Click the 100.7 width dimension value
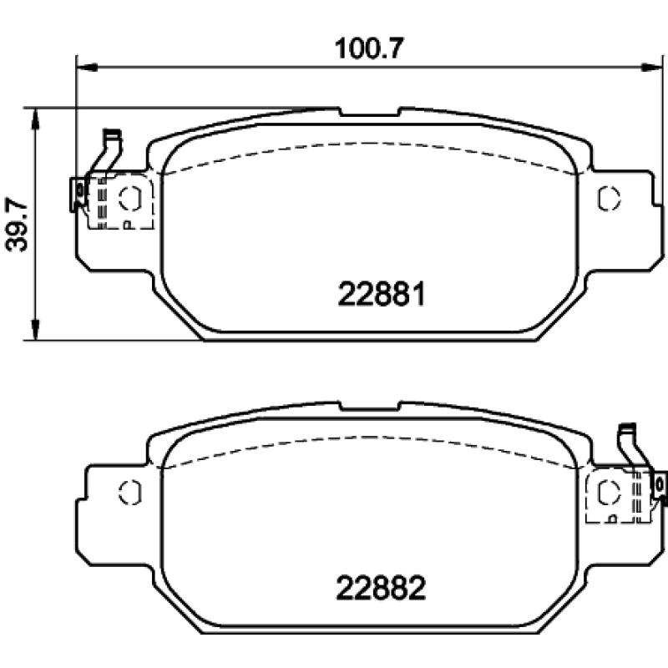click(x=369, y=48)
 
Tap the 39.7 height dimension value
click(x=16, y=223)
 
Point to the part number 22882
click(x=382, y=590)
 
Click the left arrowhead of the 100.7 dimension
click(x=82, y=64)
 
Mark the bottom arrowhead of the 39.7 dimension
click(x=34, y=334)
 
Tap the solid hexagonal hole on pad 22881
click(x=609, y=198)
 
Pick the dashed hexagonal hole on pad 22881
click(x=129, y=198)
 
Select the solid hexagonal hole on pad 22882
click(x=129, y=492)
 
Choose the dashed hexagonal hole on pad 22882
click(x=608, y=493)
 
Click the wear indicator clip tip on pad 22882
click(x=627, y=429)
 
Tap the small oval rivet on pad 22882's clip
click(x=659, y=483)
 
